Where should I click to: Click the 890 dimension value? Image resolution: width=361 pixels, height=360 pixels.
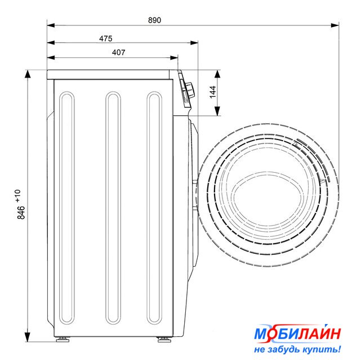click(x=154, y=20)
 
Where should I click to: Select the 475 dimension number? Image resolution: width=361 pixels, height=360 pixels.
click(x=106, y=38)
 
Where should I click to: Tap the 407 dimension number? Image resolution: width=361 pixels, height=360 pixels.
click(x=119, y=52)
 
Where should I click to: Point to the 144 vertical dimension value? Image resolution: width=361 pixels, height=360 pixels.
click(x=213, y=92)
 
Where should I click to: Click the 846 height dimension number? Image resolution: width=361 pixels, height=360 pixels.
click(x=21, y=213)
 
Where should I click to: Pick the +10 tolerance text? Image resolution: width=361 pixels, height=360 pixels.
click(x=18, y=196)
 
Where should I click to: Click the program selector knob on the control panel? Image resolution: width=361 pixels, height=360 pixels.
click(x=190, y=89)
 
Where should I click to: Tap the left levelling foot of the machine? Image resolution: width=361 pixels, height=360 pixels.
click(x=63, y=339)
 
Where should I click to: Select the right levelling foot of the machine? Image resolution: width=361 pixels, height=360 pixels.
click(x=164, y=340)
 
